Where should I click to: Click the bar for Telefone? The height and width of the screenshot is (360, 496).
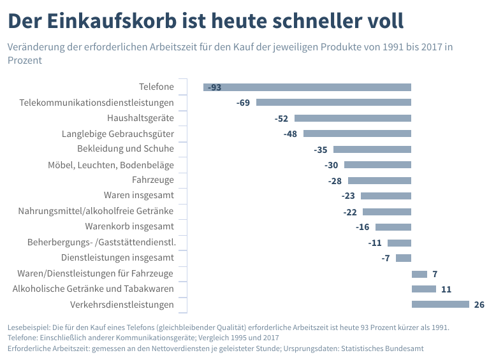point(307,87)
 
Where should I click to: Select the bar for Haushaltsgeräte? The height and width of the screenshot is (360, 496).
point(353,119)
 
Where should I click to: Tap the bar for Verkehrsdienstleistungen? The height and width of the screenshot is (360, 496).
point(441,304)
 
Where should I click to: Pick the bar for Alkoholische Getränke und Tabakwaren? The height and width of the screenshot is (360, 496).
point(424,289)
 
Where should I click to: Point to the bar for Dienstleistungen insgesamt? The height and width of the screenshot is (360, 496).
point(404,258)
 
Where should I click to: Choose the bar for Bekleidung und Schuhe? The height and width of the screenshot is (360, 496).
point(372,149)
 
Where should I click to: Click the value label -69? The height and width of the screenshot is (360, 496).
point(243,103)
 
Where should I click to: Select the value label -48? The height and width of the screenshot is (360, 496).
point(290,134)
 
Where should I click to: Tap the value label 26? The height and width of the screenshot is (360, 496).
point(479,305)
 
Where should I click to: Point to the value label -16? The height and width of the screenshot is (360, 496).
point(362,227)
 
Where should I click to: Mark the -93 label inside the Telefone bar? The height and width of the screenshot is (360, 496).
point(214,87)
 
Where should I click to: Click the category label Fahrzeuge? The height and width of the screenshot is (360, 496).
point(153,180)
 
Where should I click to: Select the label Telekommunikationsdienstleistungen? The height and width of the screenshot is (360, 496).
point(96,103)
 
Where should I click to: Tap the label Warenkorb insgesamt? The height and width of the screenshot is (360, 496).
point(129,226)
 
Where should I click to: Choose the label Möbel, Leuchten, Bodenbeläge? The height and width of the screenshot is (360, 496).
point(111,165)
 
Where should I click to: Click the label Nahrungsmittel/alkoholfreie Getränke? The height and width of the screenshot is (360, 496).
point(96,211)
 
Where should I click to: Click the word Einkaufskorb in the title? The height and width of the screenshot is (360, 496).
point(112,21)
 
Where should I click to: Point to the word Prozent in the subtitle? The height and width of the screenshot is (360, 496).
point(25,60)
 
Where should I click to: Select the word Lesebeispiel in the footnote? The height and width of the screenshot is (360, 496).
point(29,328)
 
